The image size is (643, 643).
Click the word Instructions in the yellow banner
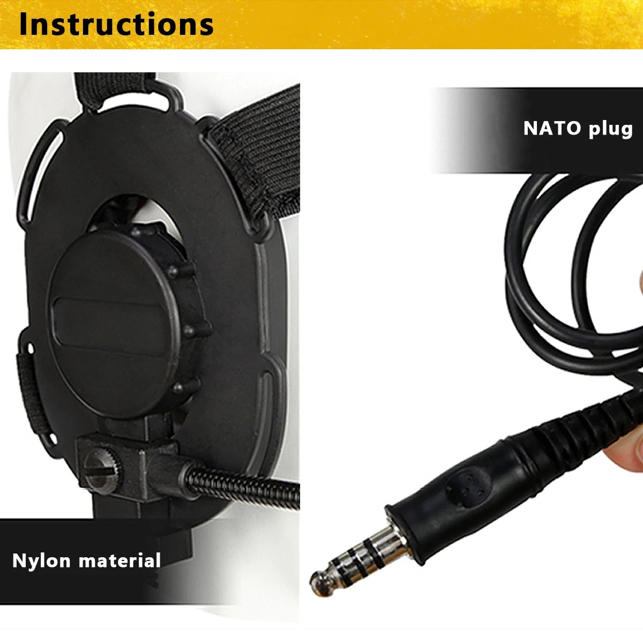[x=116, y=25]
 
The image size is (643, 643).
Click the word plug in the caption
[x=610, y=130]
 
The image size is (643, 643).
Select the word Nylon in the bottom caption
[x=41, y=561]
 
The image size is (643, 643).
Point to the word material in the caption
[x=119, y=560]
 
